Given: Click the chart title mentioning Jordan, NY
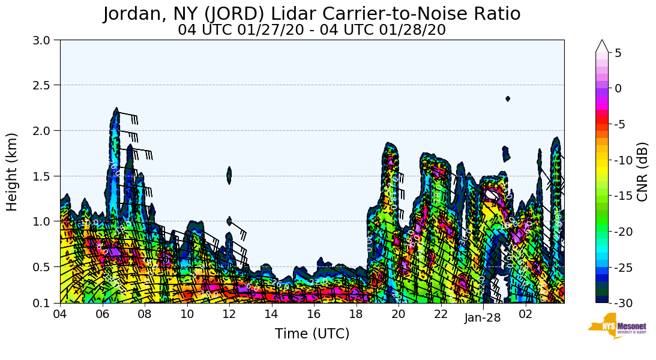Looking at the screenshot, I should click(x=311, y=13).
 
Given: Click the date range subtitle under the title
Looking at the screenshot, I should click(x=311, y=29).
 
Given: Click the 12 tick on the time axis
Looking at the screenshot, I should click(x=229, y=314).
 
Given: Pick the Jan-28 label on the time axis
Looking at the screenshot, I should click(x=483, y=318).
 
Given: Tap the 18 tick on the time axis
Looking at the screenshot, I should click(x=356, y=314).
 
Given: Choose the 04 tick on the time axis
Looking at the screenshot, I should click(x=60, y=314).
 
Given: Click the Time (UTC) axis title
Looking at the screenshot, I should click(x=311, y=334).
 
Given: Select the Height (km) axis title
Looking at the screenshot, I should click(x=13, y=172).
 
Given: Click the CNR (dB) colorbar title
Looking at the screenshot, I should click(x=643, y=172).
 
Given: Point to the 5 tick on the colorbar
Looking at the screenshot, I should click(x=618, y=53).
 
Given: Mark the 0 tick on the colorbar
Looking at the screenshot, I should click(x=618, y=88).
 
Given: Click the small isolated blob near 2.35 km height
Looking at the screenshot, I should click(x=508, y=98).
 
